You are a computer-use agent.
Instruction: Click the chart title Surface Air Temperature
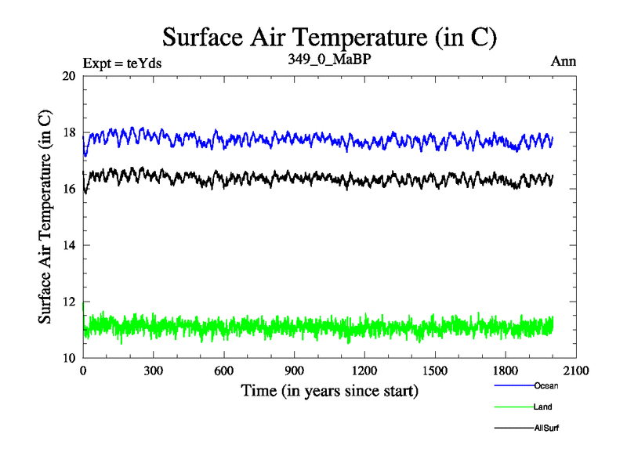pos(329,37)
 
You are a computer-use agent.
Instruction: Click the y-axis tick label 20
pos(68,76)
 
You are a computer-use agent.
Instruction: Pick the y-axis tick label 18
pos(68,132)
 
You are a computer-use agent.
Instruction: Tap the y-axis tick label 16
pos(68,189)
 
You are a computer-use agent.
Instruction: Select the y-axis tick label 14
pos(68,245)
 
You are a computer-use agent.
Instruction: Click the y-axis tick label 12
pos(68,302)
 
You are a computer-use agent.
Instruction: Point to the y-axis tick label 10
pos(68,358)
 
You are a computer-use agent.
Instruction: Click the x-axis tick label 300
pos(154,371)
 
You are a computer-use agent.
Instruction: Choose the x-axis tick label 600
pos(224,371)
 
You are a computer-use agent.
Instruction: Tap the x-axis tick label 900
pos(295,371)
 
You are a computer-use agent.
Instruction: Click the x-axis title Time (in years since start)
pos(329,390)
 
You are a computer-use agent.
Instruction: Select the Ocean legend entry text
pos(545,385)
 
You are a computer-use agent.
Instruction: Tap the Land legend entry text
pos(543,407)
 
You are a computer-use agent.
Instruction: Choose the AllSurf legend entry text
pos(546,428)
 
